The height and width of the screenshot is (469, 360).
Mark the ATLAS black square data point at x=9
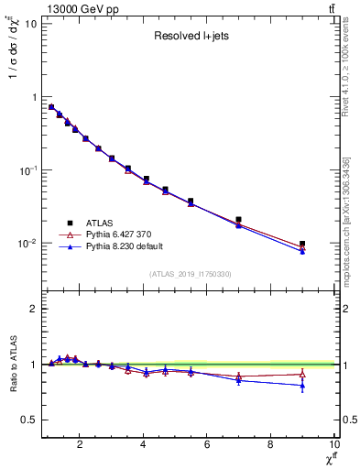[302, 245]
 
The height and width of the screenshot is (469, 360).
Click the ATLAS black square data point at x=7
[239, 220]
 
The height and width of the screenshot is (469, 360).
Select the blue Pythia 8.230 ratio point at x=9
[302, 386]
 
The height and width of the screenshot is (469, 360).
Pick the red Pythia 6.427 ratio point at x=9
[302, 374]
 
